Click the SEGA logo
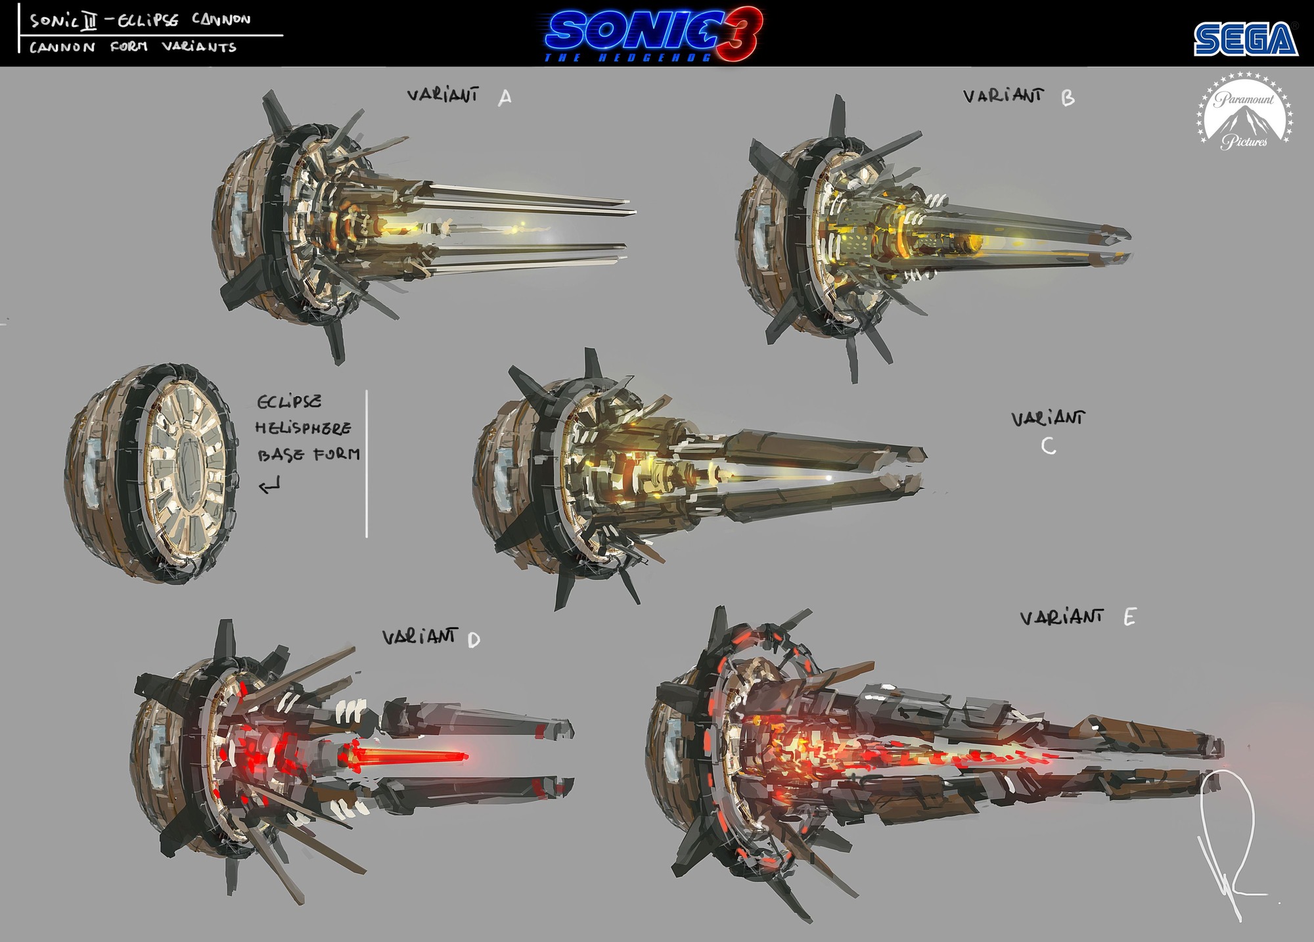(x=1246, y=39)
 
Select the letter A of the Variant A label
(x=505, y=99)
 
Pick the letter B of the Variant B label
(x=1068, y=99)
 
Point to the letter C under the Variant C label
(x=1049, y=447)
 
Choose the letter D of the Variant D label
(x=474, y=640)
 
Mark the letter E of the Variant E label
(x=1129, y=618)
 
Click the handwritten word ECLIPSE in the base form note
(x=290, y=401)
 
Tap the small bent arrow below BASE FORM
(x=269, y=487)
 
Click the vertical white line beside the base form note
(x=366, y=464)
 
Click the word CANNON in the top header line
(x=221, y=19)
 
